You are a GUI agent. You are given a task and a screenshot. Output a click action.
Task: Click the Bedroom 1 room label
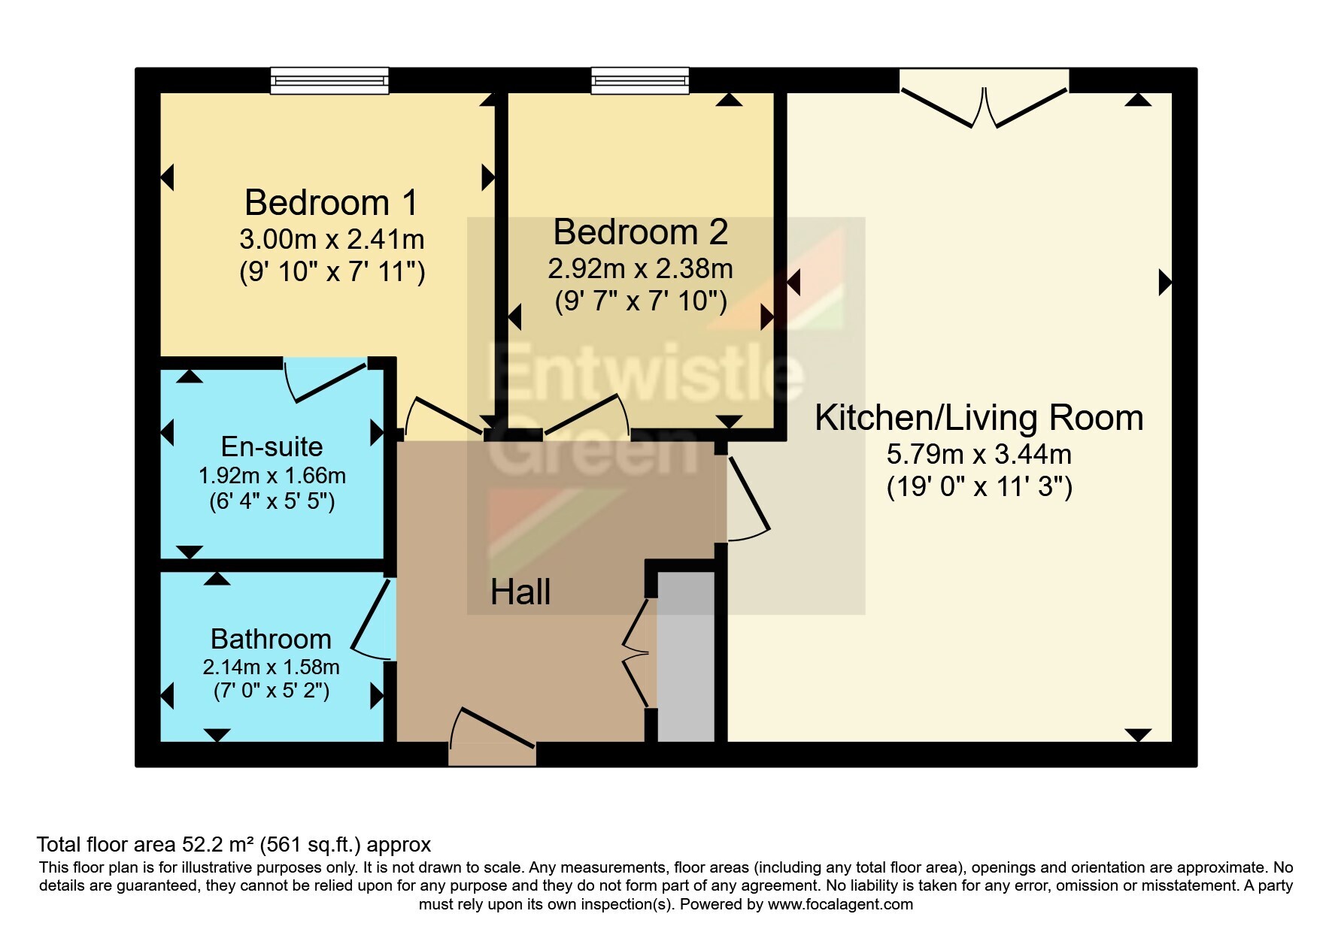coord(332,203)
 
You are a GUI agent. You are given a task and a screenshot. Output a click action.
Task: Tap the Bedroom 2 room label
coord(641,232)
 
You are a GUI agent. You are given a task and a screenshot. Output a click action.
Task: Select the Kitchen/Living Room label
coord(979,418)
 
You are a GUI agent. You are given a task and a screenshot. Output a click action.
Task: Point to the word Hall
coord(520,592)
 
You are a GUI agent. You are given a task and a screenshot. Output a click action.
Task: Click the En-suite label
coord(272,446)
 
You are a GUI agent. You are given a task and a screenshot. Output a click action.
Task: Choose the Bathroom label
coord(271,639)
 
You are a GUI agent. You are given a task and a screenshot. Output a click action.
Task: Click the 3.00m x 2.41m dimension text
coord(332,240)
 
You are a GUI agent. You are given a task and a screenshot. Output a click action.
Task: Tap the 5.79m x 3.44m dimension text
coord(979,454)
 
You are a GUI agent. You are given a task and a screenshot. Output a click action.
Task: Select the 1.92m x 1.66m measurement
coord(272,476)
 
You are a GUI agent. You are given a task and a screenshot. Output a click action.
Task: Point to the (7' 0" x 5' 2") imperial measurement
coord(272,690)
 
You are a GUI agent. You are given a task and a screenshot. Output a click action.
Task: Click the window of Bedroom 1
coord(329,80)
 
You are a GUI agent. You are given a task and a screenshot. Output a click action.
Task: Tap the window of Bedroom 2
coord(640,80)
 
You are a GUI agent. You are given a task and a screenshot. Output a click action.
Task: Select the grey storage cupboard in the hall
coord(686,656)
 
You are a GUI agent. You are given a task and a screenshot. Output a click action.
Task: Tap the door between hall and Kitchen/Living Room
coord(746,497)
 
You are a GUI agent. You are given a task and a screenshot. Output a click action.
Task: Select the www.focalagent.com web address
coord(840,904)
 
